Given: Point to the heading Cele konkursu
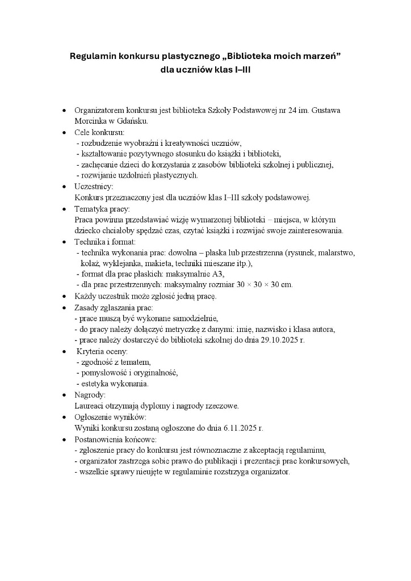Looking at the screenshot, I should click(x=99, y=132).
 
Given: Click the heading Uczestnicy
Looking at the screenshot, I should click(x=94, y=186).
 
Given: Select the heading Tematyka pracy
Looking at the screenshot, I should click(x=102, y=209).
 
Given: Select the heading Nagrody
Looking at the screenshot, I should click(x=90, y=395).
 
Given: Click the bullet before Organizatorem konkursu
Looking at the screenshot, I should click(x=64, y=110).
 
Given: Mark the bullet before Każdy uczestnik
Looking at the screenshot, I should click(x=64, y=296).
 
